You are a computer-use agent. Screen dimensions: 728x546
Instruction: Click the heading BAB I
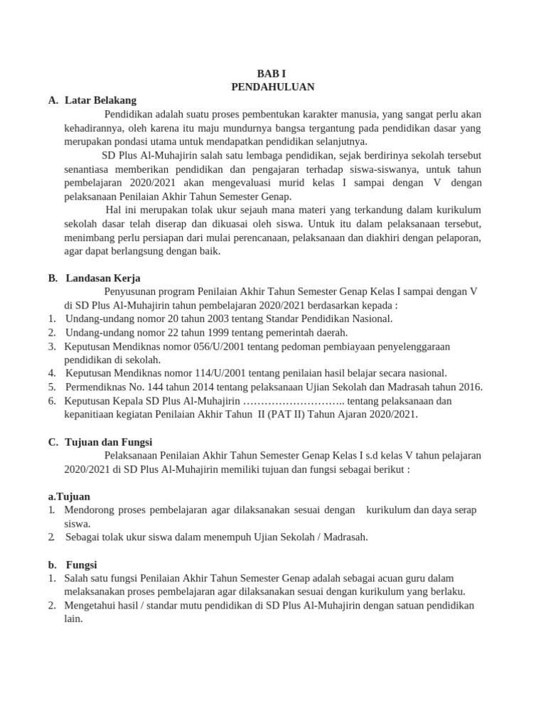click(x=273, y=73)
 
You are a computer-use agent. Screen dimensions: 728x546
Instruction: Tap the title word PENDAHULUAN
click(x=273, y=87)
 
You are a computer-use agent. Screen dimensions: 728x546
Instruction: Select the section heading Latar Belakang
click(x=100, y=100)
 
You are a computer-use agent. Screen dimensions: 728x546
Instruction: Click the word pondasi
click(x=129, y=141)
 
